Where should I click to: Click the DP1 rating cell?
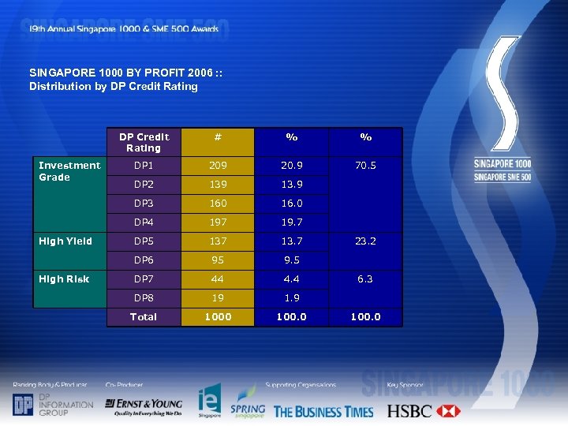(x=144, y=166)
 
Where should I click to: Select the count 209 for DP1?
(x=218, y=166)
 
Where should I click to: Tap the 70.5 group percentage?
(x=365, y=166)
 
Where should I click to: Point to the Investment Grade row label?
(x=69, y=171)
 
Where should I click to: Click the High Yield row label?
(x=65, y=241)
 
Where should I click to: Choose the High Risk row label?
(x=64, y=279)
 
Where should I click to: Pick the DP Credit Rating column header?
(x=144, y=142)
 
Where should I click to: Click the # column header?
(x=218, y=136)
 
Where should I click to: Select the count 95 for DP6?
(x=218, y=260)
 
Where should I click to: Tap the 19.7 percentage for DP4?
(x=291, y=222)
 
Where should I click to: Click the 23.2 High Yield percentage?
(x=365, y=241)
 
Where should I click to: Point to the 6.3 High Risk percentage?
(x=365, y=279)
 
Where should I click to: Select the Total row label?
(x=144, y=317)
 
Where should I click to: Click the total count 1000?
(x=218, y=317)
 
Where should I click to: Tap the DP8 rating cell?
(x=144, y=298)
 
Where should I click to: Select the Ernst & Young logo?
(x=144, y=405)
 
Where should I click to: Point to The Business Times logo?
(x=323, y=411)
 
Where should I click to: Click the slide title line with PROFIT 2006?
(x=125, y=73)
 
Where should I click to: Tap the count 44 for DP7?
(x=218, y=279)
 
